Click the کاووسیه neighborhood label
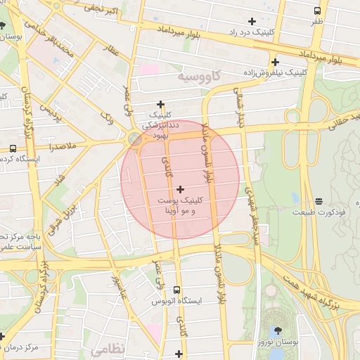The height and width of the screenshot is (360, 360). coord(199,75)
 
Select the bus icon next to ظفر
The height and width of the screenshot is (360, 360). coord(318,11)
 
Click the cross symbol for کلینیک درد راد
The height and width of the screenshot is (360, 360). coord(252,22)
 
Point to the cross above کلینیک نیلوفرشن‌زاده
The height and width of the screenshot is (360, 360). coord(275,62)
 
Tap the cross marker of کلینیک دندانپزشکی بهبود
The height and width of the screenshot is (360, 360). coord(161,104)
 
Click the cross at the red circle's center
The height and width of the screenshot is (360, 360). coord(181,189)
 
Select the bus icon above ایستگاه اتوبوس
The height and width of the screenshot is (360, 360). coord(176,290)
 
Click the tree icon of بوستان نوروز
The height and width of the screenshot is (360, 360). coord(279,330)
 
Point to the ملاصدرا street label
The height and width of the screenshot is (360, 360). coord(63,146)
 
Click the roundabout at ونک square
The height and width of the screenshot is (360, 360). coord(134,139)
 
